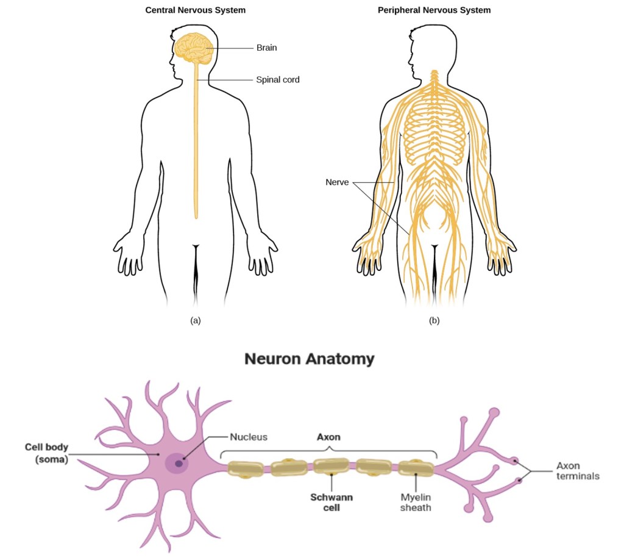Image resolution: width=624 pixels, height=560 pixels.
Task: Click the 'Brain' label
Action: [266, 48]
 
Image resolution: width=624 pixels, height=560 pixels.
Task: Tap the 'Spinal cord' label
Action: [277, 79]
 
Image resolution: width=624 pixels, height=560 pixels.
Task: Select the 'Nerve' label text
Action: [337, 182]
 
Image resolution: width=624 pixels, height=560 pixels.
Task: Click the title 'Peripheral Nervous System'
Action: [434, 10]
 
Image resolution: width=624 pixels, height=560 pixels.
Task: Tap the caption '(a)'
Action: [196, 320]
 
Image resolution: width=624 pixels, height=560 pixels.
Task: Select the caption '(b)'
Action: [434, 320]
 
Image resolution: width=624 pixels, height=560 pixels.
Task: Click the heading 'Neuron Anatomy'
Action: [309, 359]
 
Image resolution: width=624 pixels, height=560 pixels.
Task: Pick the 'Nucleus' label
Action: [249, 437]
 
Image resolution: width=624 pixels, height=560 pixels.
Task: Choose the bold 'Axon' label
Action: [328, 437]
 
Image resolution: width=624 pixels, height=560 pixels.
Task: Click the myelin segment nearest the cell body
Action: [245, 468]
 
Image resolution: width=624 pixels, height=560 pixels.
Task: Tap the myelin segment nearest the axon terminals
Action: [416, 468]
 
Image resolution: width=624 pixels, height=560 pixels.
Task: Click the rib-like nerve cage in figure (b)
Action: [434, 125]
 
